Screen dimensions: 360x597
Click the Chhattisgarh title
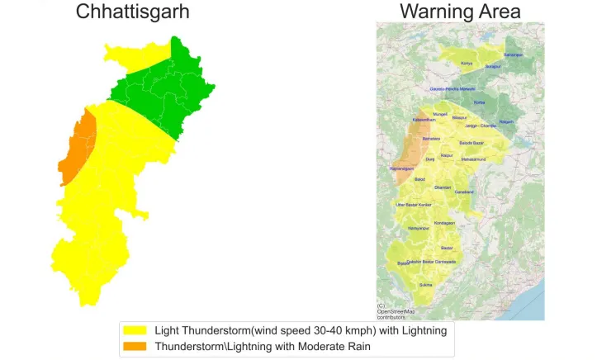[x=133, y=12]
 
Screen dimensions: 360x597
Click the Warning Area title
[x=460, y=12]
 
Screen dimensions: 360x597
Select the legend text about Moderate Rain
[x=263, y=347]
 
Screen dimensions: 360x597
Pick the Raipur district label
[x=448, y=154]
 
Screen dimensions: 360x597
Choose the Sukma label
[x=426, y=285]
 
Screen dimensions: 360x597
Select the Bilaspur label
[x=459, y=118]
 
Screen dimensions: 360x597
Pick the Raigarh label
[x=506, y=121]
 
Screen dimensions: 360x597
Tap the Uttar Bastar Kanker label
[x=413, y=204]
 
